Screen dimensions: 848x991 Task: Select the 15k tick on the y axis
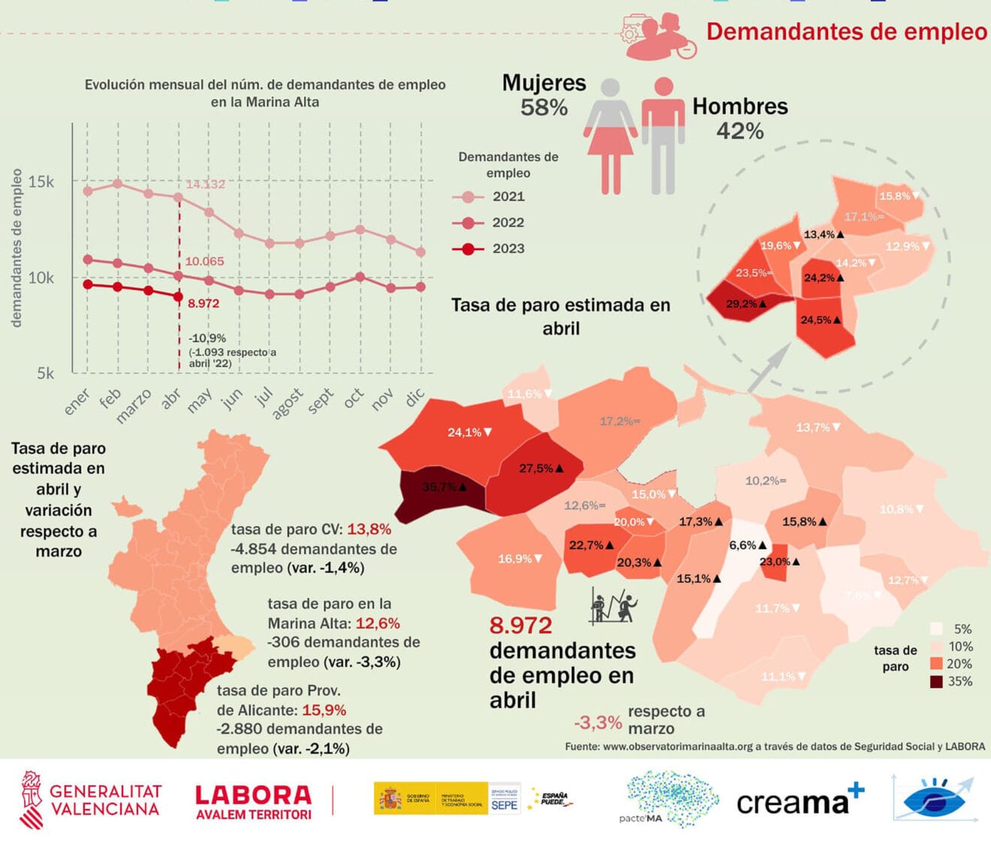coord(41,182)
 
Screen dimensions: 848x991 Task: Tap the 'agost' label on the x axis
coord(288,403)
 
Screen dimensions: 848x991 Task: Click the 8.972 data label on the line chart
coord(203,303)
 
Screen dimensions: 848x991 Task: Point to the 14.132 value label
coord(205,184)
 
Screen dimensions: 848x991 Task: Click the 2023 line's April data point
coord(179,297)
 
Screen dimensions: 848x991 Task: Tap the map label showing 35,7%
coord(444,487)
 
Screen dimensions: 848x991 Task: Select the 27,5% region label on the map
coord(541,468)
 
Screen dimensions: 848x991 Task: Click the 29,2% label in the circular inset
coord(746,303)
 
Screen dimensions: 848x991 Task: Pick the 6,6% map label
coord(748,545)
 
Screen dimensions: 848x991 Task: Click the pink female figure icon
coord(611,135)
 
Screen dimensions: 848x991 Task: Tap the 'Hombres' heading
coord(739,107)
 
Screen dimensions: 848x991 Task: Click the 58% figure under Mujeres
coord(544,108)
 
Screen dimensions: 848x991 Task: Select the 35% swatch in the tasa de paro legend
coord(936,681)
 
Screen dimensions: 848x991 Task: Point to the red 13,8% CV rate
coord(369,530)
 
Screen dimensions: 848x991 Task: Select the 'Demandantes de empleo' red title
coord(846,32)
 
